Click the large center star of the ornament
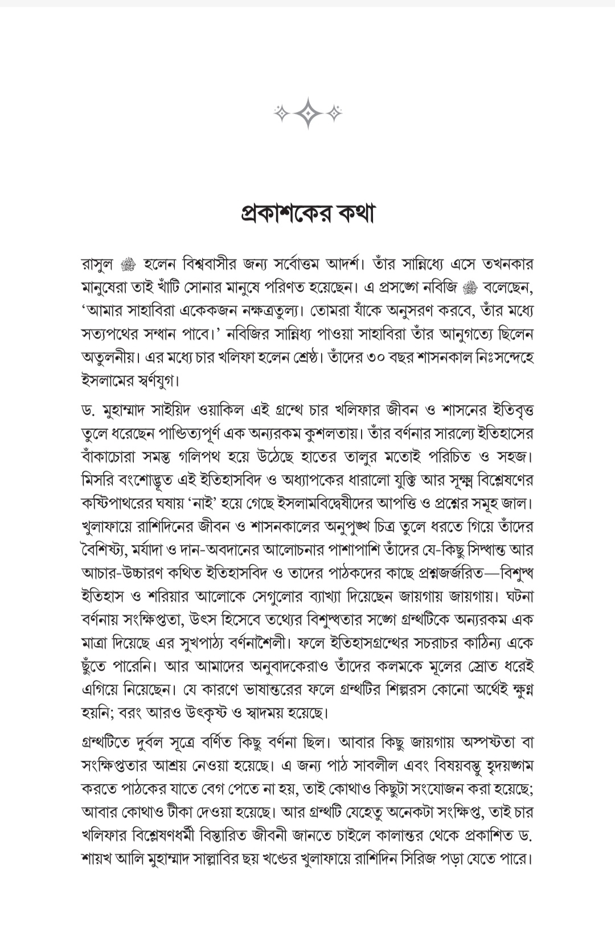(308, 113)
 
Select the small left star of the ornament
(281, 113)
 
